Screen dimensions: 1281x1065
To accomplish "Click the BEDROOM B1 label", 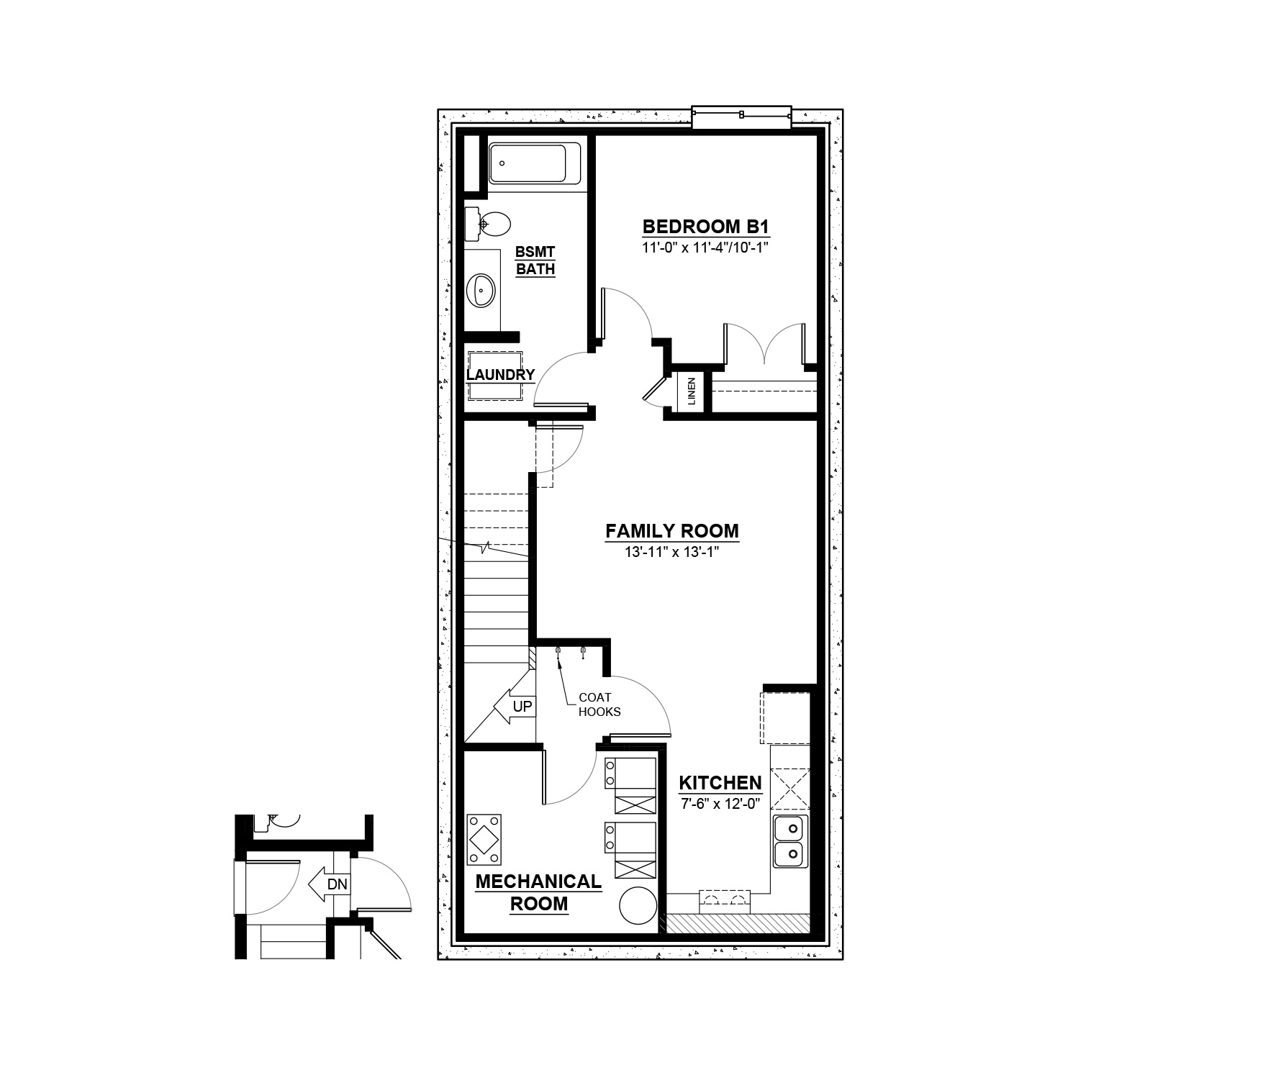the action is [x=706, y=227].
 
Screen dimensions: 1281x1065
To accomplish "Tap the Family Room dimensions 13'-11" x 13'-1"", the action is [x=672, y=553].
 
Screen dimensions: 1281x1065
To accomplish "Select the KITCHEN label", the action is [x=720, y=783].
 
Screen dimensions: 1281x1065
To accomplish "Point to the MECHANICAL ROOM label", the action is [x=538, y=892].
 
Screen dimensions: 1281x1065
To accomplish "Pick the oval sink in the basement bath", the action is [x=480, y=291].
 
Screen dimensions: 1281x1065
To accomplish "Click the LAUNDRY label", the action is [x=500, y=375].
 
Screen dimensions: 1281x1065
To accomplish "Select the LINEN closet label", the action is [x=692, y=391].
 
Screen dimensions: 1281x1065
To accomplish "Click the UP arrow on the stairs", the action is [x=513, y=708].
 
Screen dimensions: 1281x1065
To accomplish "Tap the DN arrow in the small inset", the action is [x=329, y=884].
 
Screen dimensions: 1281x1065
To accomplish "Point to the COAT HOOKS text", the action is [x=599, y=704].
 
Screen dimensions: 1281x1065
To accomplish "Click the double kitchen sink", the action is [x=790, y=842].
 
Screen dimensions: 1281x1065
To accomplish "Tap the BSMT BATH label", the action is [x=535, y=260].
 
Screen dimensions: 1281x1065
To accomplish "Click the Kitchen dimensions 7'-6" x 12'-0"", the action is [x=720, y=804].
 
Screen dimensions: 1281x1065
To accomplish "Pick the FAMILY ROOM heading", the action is [x=672, y=531].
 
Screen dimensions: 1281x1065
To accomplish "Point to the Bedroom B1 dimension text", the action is [x=706, y=248].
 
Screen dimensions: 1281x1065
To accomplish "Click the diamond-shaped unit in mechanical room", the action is [x=484, y=839].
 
